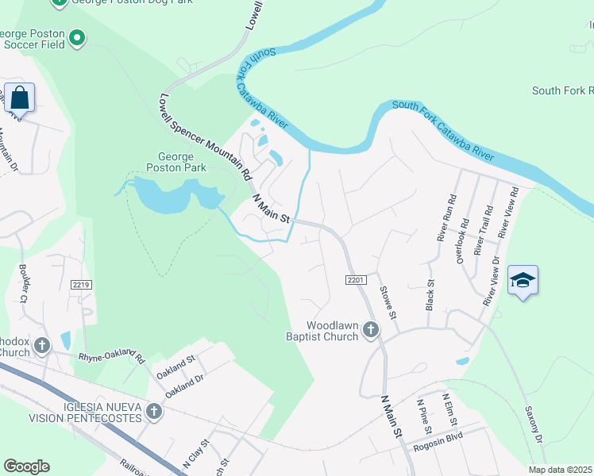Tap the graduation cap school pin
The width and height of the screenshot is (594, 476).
[523, 281]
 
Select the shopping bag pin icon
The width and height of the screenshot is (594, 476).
[19, 98]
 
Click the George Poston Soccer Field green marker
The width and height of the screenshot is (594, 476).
[77, 36]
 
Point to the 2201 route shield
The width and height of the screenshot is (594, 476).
[355, 280]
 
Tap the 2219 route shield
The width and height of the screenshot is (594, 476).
[79, 284]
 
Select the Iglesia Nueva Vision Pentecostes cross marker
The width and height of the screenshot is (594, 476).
[154, 411]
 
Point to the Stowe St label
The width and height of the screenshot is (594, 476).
[387, 302]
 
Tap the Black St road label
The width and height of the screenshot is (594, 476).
[430, 294]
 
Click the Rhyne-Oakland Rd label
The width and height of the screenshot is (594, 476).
[111, 357]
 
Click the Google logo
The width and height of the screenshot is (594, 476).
[26, 466]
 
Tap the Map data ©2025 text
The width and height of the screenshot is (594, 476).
[559, 470]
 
